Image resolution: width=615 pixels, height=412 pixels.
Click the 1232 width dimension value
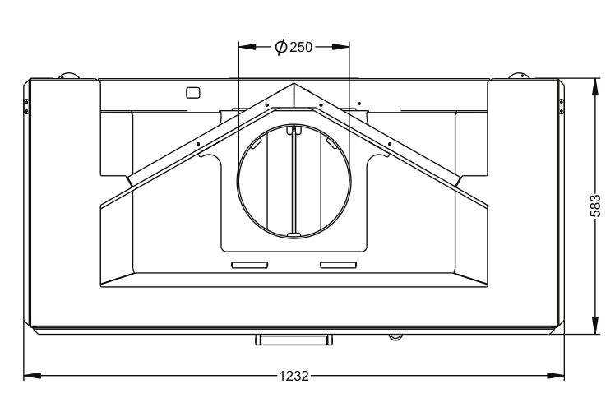coord(294,376)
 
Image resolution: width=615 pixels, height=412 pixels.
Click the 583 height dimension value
coord(595,206)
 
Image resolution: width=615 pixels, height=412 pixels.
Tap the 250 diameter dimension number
coord(301,48)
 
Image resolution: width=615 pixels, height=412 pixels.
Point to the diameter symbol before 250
coord(281,47)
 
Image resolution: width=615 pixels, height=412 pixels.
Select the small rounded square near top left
coord(193,93)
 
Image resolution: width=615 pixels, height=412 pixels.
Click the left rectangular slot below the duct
coord(250,266)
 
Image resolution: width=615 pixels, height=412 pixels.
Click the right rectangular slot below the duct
coord(339,266)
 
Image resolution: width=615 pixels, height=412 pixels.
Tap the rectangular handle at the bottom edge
coord(294,340)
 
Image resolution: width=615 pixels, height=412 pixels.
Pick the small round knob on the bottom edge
coord(395,336)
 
